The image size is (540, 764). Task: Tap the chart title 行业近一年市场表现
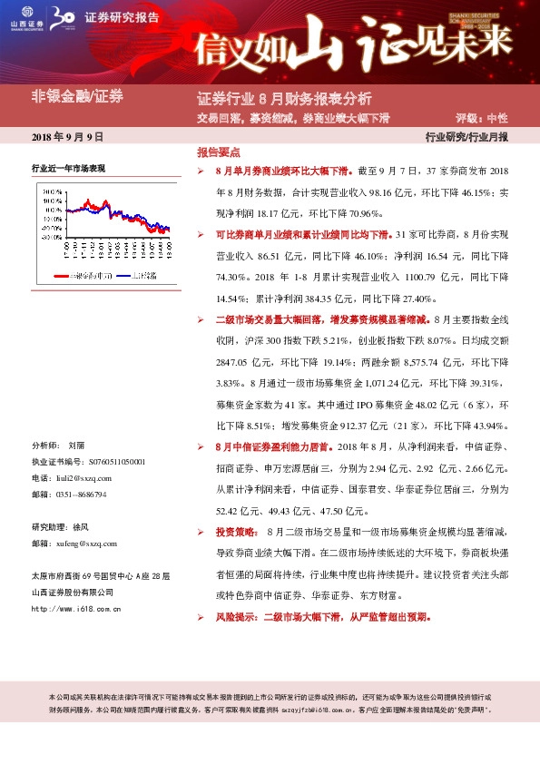pyautogui.click(x=69, y=169)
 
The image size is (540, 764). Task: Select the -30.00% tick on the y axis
pyautogui.click(x=52, y=237)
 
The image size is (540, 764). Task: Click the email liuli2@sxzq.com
pyautogui.click(x=87, y=477)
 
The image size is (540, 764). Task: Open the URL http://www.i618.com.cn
pyautogui.click(x=76, y=609)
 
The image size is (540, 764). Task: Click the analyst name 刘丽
pyautogui.click(x=76, y=446)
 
